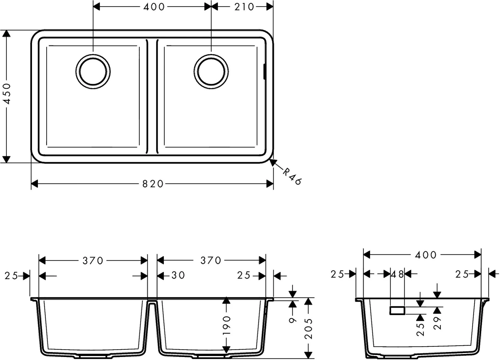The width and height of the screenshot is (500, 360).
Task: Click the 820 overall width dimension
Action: point(153,184)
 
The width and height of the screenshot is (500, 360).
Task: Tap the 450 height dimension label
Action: point(7,94)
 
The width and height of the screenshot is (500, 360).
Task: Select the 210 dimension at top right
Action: point(244,7)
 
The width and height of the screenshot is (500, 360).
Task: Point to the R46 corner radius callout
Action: point(292,177)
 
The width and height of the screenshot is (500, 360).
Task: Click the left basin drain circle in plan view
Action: point(93,72)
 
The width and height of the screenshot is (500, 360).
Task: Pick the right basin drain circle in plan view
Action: point(211,72)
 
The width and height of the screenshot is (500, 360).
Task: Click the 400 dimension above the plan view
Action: point(154,7)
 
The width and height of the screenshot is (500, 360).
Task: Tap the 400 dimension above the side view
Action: point(425,255)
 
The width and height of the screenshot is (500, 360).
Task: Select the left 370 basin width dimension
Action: point(93,260)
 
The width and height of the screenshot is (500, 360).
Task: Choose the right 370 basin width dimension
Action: point(211,260)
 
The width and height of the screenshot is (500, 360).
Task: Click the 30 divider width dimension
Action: point(178,275)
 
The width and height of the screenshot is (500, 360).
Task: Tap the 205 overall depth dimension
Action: point(308,329)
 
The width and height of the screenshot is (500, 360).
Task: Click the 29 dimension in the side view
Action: point(437,323)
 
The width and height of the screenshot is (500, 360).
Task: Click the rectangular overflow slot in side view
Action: point(397,310)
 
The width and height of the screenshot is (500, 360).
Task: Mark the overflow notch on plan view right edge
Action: point(265,71)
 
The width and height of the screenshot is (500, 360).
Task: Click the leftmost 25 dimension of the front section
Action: point(11,276)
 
